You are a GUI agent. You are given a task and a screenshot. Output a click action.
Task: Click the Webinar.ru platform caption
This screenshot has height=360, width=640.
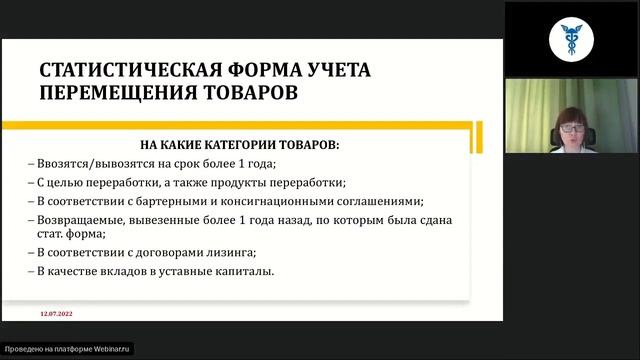click(x=67, y=350)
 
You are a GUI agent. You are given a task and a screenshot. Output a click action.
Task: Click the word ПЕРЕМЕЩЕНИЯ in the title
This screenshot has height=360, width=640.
click(x=104, y=92)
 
